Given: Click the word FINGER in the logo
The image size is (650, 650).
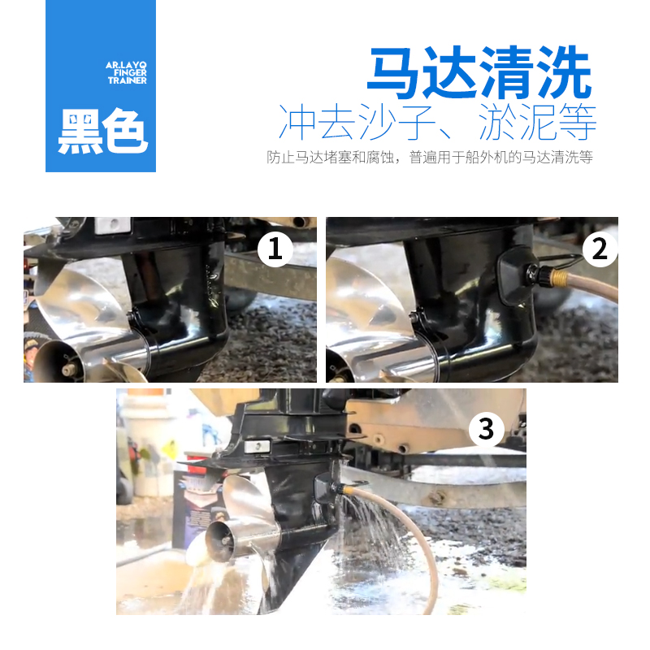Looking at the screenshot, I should pos(128,71).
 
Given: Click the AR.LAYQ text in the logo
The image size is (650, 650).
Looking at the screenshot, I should pos(125,63).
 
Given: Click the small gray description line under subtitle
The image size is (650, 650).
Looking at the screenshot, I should pos(430,158).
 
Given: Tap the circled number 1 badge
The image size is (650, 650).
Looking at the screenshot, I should pos(275,250).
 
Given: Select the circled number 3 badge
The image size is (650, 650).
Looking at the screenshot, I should pos(485,428).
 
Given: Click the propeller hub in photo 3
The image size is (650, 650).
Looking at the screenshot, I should pos(221,536).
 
